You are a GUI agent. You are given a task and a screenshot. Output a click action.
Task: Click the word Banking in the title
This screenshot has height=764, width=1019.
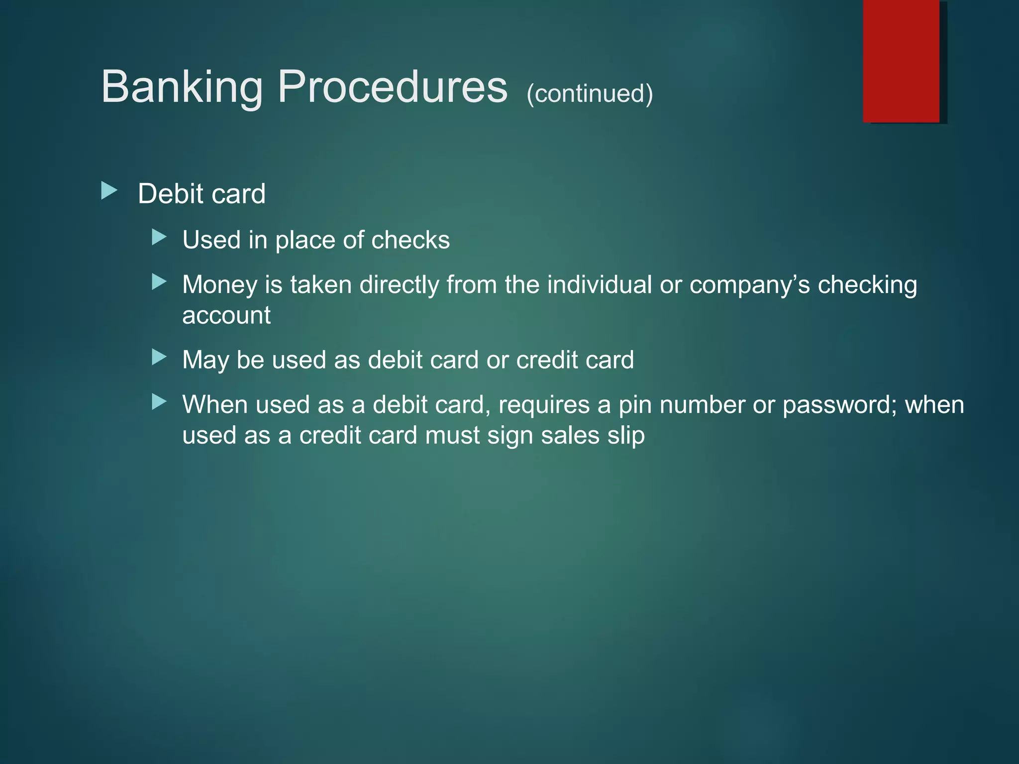tap(182, 88)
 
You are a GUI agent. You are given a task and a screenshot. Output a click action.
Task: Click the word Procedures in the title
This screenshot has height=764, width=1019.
tap(393, 87)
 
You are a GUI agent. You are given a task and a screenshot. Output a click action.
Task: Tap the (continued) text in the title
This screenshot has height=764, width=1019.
tap(590, 94)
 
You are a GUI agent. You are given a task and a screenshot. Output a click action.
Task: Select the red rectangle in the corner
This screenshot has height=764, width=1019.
tap(901, 61)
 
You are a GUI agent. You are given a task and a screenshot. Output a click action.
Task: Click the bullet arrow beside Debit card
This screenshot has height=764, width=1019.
tap(109, 191)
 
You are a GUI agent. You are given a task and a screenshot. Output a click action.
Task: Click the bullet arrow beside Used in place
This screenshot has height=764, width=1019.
tap(159, 237)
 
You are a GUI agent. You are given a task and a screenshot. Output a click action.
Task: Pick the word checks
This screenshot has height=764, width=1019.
tap(410, 240)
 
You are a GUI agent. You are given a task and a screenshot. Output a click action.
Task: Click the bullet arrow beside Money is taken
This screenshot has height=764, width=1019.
tap(159, 282)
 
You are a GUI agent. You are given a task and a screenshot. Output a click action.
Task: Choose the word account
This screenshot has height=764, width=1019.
tap(226, 315)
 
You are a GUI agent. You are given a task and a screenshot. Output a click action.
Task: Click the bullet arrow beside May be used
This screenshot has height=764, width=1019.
tap(159, 357)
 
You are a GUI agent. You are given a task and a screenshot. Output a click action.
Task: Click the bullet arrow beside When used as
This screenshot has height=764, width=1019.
tap(159, 401)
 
